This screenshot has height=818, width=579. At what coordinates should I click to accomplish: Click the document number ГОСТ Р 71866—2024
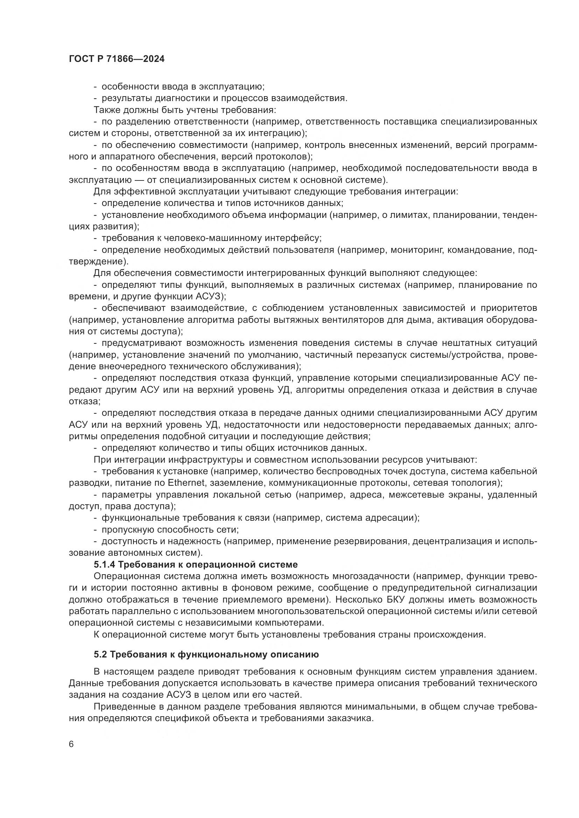tap(117, 59)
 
